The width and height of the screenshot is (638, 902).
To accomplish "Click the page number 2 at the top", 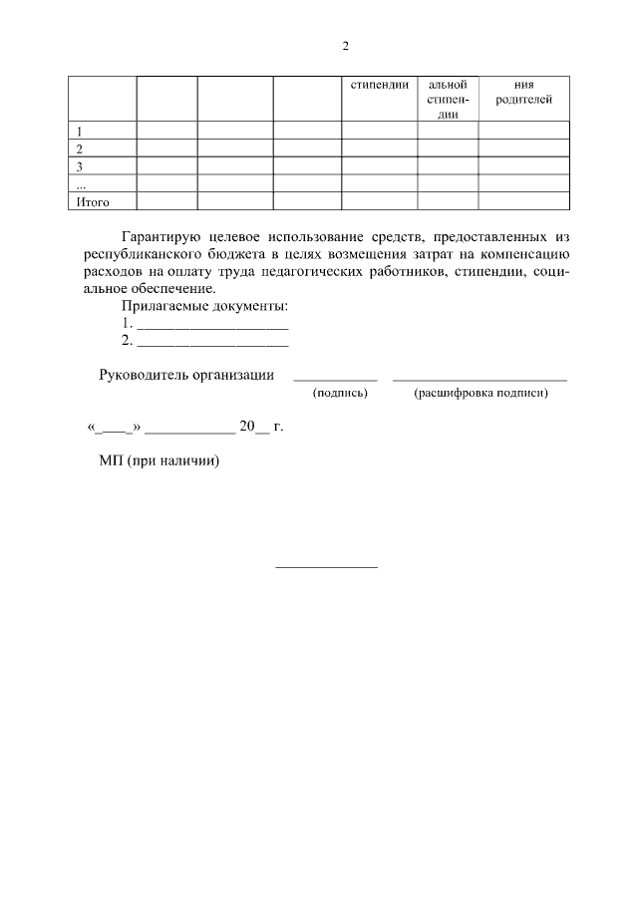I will [345, 46].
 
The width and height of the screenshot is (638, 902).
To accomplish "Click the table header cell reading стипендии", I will [380, 85].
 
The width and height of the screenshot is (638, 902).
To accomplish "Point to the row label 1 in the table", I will [79, 131].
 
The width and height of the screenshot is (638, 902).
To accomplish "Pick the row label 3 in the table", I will [79, 166].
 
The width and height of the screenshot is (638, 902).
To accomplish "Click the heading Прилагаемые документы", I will [204, 306].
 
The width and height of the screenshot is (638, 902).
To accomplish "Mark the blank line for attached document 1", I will [212, 326].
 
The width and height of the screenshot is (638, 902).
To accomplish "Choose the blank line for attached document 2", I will [212, 343].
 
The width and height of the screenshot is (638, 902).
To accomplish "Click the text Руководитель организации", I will [186, 375].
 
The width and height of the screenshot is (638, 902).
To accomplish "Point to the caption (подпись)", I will [341, 394].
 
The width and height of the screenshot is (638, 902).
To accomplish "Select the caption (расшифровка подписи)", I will [480, 394].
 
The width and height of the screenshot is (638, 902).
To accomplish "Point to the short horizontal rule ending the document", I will [326, 567].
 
